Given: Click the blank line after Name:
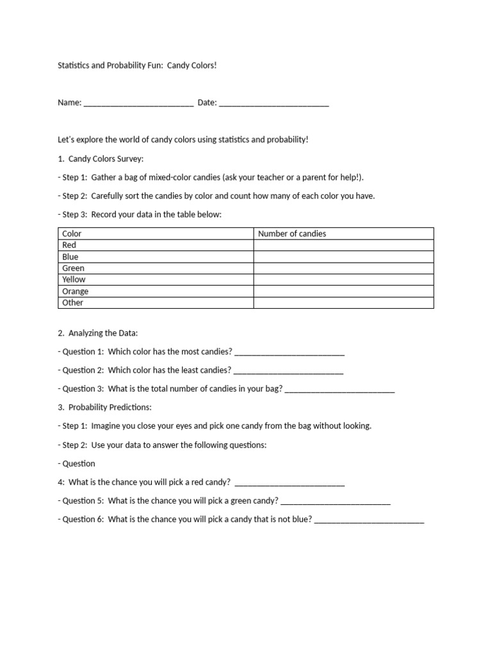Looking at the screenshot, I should (x=138, y=104).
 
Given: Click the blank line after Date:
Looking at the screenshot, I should (x=274, y=104).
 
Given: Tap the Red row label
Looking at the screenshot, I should (x=69, y=245).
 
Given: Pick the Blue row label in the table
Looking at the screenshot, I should (x=70, y=257).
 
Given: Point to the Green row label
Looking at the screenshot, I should (x=73, y=268).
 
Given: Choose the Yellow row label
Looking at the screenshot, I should (x=74, y=280).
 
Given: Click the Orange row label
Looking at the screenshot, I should (x=76, y=291).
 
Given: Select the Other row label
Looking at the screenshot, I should (x=73, y=303).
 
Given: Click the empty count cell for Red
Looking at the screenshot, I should (x=343, y=245).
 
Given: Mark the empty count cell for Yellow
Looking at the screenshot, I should (x=343, y=280).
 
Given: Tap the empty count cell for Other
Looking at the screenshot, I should (x=343, y=303).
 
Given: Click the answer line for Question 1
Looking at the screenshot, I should (x=290, y=352).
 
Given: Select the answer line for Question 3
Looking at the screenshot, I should (x=340, y=389).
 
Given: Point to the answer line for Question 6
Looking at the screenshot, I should (x=369, y=520).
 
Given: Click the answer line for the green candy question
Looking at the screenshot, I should (x=336, y=502).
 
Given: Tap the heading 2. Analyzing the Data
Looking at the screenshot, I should (x=97, y=334).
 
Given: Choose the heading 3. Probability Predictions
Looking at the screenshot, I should (x=104, y=407).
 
